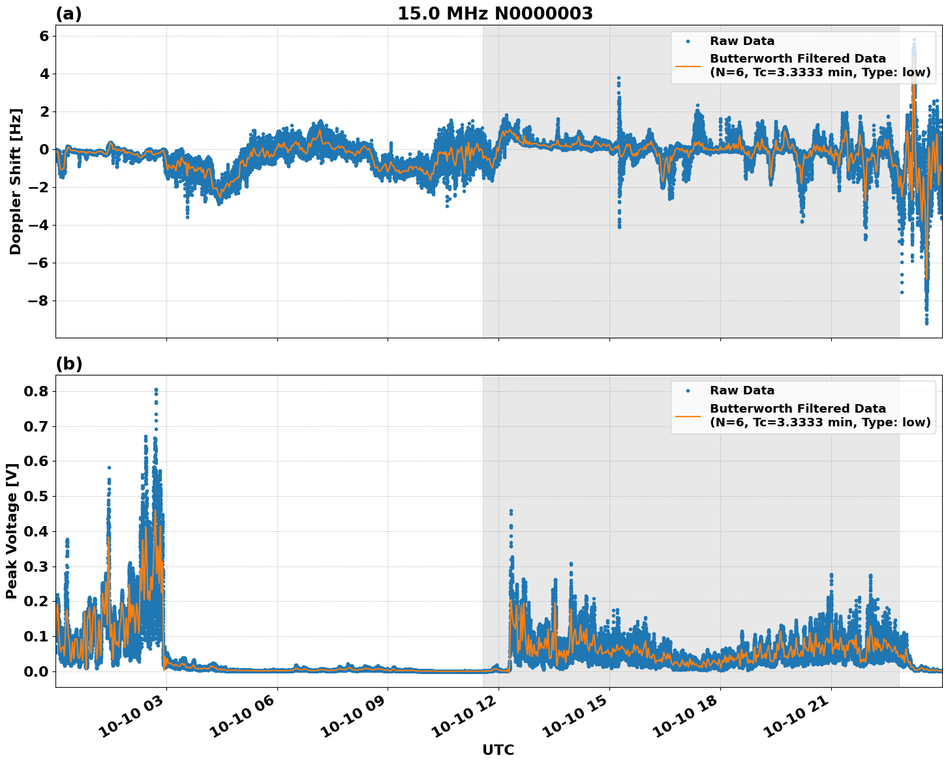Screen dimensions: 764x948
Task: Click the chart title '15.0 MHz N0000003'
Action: (x=495, y=14)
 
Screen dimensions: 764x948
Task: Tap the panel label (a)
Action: (x=69, y=14)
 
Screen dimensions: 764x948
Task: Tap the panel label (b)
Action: (x=69, y=364)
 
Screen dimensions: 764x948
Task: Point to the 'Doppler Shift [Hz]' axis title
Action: (x=16, y=181)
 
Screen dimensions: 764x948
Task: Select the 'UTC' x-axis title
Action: (x=498, y=750)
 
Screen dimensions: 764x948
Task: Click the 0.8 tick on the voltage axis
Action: (x=37, y=391)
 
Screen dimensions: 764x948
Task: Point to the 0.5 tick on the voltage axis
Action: (x=37, y=496)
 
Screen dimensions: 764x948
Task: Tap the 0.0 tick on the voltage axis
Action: (x=37, y=671)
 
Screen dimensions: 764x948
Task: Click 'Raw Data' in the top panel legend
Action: (x=742, y=41)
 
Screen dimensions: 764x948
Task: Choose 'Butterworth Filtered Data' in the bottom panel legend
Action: (x=797, y=409)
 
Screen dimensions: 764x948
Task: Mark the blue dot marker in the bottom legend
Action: (x=688, y=390)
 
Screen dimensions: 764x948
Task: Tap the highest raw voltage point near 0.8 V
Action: (x=156, y=390)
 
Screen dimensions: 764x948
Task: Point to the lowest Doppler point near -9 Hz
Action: (x=926, y=323)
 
